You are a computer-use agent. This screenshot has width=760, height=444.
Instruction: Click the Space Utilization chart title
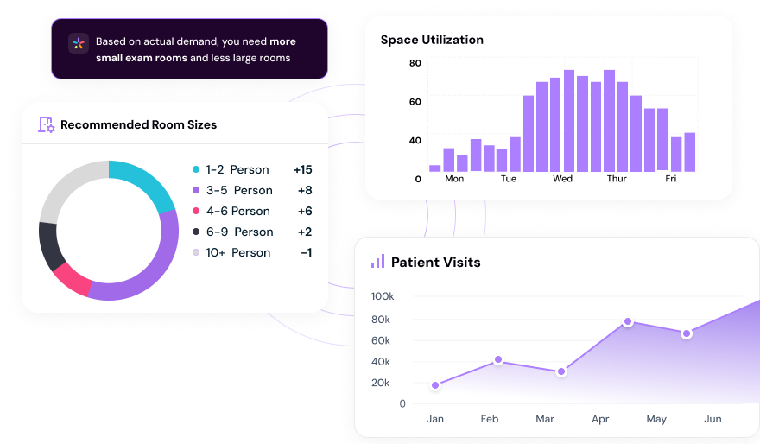click(x=432, y=40)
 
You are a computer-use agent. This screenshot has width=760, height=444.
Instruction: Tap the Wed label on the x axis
click(x=562, y=179)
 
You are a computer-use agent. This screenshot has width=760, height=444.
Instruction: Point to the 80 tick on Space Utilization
click(x=415, y=63)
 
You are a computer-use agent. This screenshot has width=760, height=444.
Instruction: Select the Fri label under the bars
click(x=671, y=179)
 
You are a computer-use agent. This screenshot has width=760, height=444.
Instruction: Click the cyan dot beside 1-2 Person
click(x=196, y=170)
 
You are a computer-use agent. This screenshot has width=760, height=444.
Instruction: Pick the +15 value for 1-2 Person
click(x=302, y=170)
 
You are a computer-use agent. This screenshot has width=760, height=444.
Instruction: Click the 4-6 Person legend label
click(x=237, y=212)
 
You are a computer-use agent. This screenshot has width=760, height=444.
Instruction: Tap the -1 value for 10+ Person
click(x=306, y=253)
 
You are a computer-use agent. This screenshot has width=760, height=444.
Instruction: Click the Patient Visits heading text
click(x=435, y=262)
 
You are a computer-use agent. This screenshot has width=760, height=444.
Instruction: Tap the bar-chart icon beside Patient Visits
click(x=377, y=261)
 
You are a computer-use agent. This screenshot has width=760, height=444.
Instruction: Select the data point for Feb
click(x=498, y=359)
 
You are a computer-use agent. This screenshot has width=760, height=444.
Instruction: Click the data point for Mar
click(x=561, y=371)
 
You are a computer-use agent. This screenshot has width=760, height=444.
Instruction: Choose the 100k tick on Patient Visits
click(x=383, y=297)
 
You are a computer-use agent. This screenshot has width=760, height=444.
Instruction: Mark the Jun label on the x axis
click(x=712, y=419)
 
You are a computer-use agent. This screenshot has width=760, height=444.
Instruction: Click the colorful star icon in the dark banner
click(x=78, y=44)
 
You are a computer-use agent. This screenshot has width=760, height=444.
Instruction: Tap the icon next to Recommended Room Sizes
click(x=47, y=124)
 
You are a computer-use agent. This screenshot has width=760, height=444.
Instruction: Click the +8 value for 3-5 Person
click(x=304, y=191)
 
